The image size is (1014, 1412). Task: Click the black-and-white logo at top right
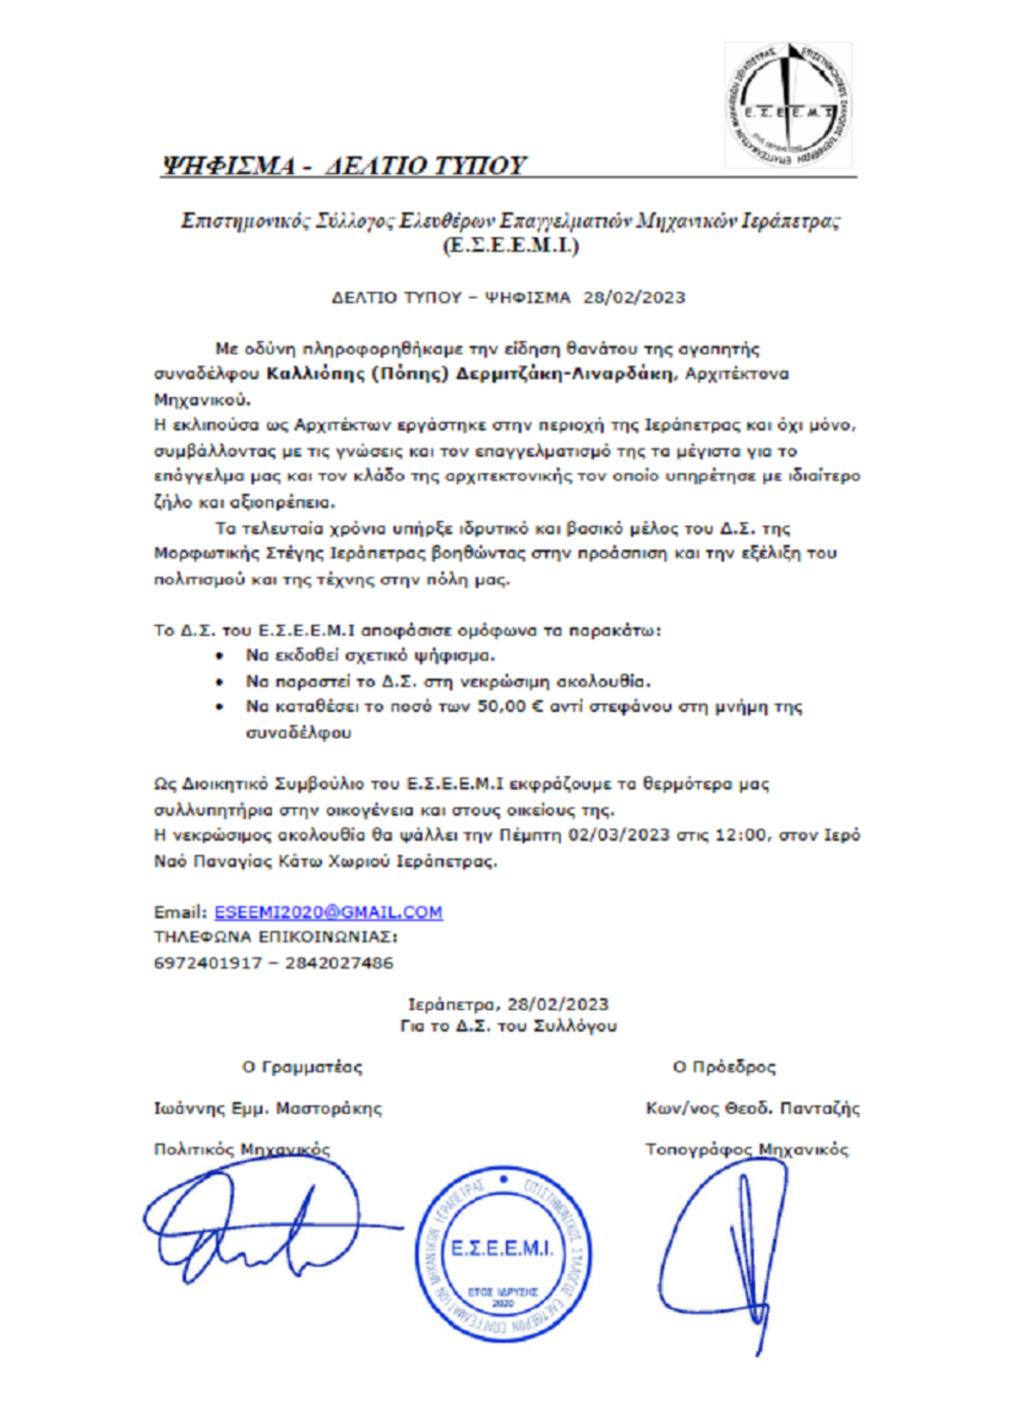788,106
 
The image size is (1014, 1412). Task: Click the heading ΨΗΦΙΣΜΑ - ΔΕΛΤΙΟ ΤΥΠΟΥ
343,165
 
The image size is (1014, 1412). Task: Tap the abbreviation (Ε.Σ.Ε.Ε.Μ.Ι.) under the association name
510,246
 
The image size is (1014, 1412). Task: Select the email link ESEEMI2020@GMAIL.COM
328,912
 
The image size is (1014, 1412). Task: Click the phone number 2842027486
339,963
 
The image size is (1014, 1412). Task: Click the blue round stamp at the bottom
504,1253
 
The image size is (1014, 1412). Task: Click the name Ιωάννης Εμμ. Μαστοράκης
268,1108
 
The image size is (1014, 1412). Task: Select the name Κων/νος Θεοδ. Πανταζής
752,1108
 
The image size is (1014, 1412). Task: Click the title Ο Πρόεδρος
724,1067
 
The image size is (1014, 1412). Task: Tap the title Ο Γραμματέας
302,1067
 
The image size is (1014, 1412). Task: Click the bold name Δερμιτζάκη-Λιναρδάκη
564,374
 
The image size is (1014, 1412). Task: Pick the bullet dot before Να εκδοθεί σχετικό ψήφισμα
221,656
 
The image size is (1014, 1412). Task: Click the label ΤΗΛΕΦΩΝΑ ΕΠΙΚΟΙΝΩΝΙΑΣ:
275,937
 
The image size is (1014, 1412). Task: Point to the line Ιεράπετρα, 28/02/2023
508,1004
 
